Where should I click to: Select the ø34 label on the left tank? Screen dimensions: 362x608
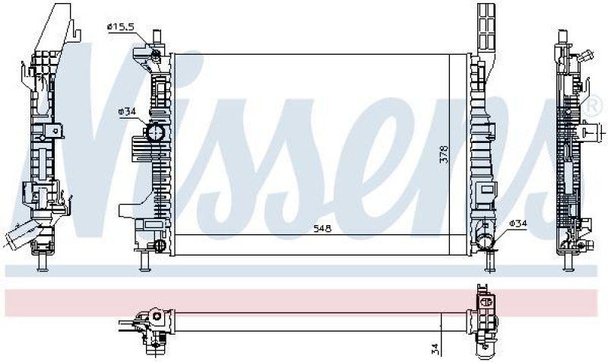click(126, 112)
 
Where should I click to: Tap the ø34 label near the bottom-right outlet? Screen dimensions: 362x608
click(517, 223)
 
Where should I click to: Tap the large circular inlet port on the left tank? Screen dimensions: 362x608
click(156, 133)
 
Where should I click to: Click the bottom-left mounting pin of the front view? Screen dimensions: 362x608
click(144, 262)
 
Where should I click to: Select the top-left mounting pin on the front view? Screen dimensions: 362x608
click(157, 37)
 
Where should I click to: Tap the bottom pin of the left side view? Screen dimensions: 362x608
click(43, 262)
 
